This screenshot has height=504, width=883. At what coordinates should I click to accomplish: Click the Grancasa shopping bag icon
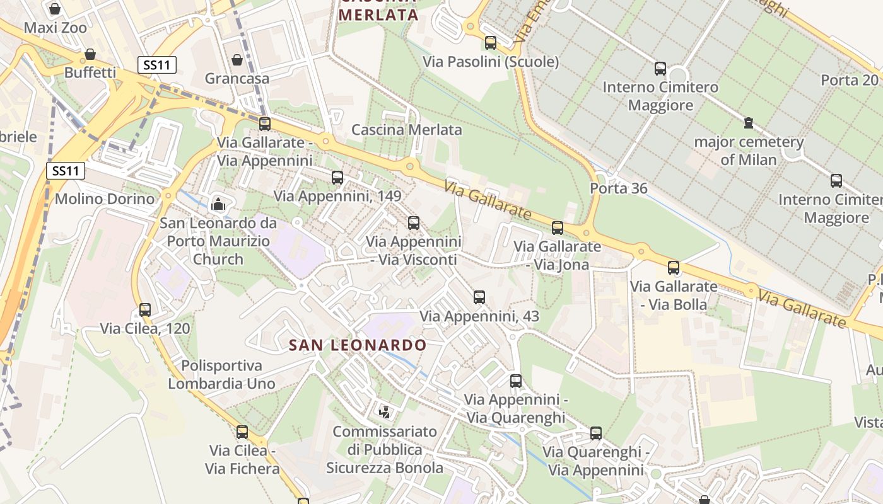237,60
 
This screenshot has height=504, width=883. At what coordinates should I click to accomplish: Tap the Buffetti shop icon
90,54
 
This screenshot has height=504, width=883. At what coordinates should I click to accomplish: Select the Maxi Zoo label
56,28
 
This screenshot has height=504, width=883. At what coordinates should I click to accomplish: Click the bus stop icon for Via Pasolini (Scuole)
490,43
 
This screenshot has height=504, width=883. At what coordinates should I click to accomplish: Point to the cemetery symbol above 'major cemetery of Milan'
748,122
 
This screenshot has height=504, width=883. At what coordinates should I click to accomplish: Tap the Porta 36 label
618,188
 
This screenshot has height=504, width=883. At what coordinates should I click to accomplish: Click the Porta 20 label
850,80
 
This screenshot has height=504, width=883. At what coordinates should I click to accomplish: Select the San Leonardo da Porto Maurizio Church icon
218,203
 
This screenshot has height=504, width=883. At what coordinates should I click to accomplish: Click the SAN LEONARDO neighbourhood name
358,345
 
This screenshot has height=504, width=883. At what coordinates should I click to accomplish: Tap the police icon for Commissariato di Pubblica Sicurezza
384,413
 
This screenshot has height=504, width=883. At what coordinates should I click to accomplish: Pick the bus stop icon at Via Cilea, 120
145,309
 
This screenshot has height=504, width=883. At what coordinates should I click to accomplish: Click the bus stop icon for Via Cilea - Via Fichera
242,432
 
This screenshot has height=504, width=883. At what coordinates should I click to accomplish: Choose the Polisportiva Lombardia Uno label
221,374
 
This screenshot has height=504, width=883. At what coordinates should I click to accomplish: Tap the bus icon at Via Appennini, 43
479,297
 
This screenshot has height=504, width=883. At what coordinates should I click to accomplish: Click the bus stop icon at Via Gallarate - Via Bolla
674,267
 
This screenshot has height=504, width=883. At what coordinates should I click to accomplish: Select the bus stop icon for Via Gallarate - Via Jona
558,227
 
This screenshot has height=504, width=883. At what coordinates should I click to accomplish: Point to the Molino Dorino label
105,199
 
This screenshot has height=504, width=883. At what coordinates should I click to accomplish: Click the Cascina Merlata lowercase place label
406,130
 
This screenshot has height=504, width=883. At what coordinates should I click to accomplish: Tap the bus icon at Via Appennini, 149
337,177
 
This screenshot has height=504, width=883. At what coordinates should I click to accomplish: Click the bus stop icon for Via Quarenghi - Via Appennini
596,433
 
